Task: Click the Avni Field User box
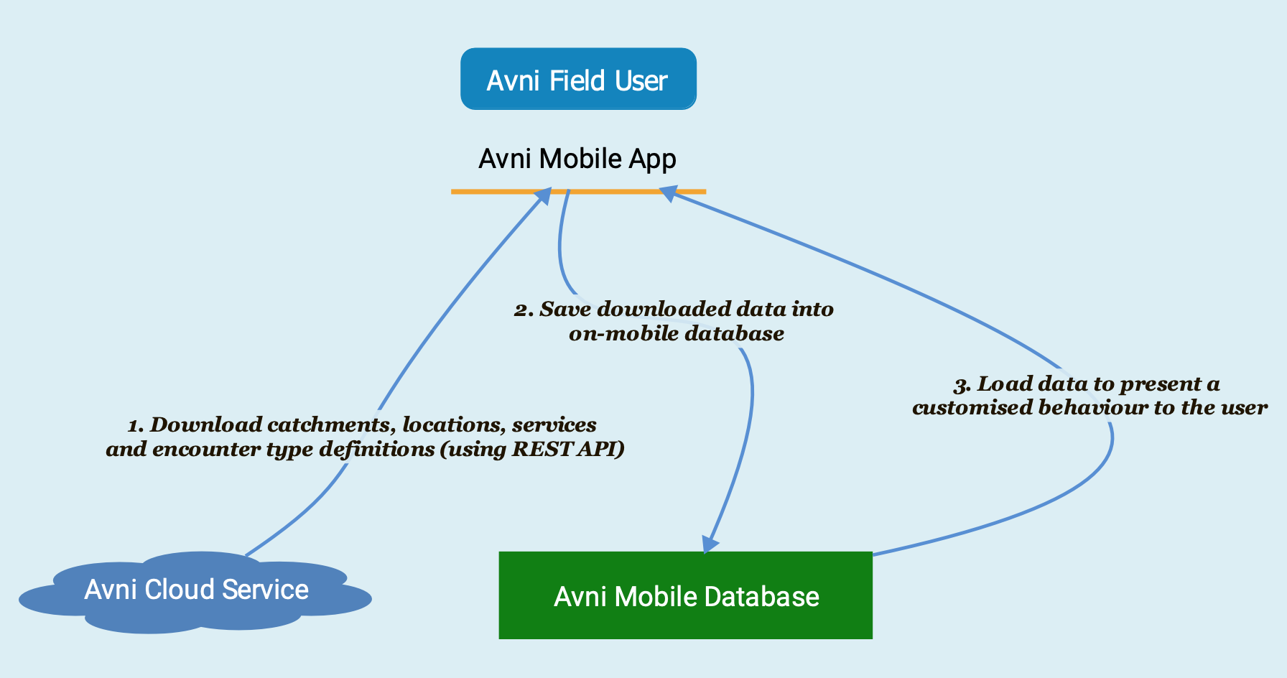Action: click(578, 79)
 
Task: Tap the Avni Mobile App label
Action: click(577, 159)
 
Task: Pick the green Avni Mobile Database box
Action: click(685, 595)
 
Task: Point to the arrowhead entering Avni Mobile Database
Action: click(709, 544)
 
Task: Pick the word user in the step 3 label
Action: click(1247, 408)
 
